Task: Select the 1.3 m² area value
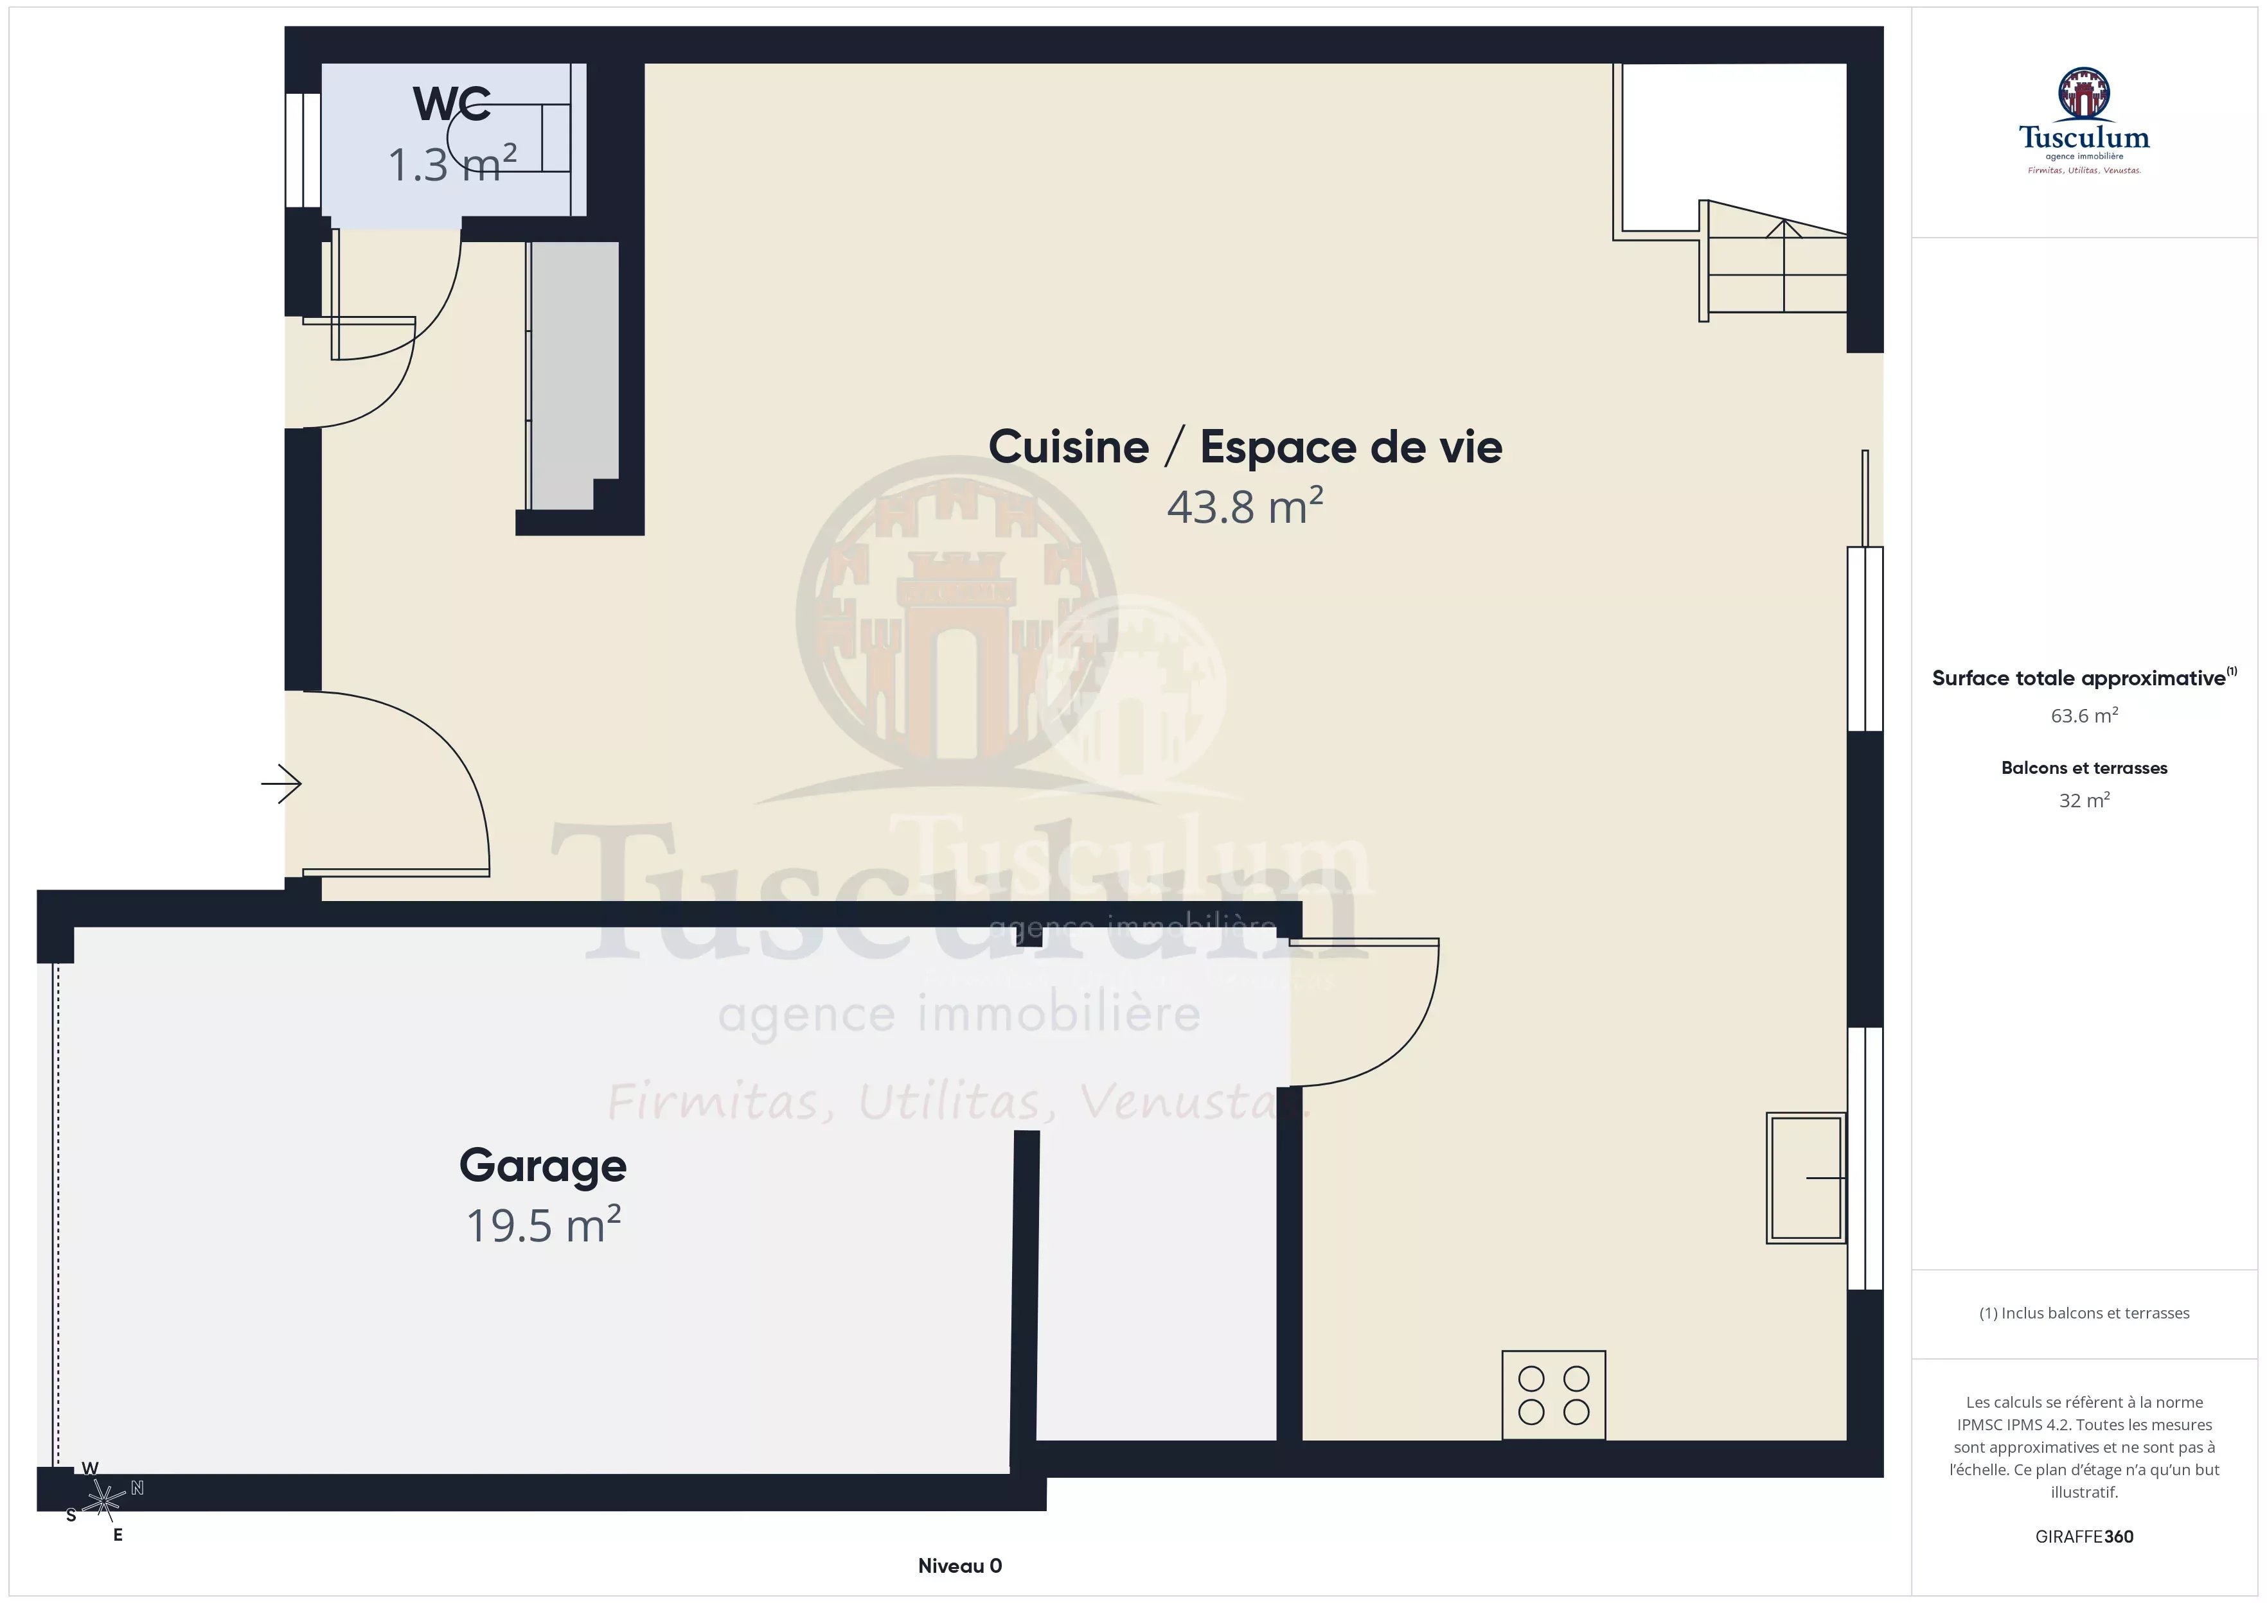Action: [x=452, y=164]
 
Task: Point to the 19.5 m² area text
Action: [x=543, y=1225]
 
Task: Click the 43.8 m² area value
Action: [x=1245, y=506]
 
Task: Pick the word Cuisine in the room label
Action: [x=1069, y=447]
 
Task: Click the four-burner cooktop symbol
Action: [x=1553, y=1395]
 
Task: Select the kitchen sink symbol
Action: [x=1806, y=1178]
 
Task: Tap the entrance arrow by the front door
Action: [x=281, y=784]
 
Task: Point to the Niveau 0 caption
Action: [x=960, y=1566]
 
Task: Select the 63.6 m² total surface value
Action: [x=2085, y=715]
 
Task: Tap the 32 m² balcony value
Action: [x=2085, y=800]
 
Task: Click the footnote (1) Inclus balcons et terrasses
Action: [x=2085, y=1313]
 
